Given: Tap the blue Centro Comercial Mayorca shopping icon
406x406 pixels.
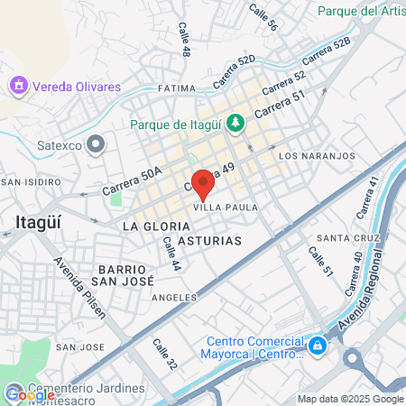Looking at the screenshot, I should (317, 346).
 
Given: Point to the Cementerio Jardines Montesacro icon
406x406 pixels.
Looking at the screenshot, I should (13, 392).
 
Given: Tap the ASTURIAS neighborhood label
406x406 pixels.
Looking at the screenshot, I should (209, 241).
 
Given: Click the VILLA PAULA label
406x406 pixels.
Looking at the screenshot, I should (226, 207).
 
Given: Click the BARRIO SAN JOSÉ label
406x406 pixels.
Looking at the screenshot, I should (129, 276).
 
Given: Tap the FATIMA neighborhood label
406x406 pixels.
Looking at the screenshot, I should (176, 88).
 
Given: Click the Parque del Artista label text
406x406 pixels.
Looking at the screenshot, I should (362, 12).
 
